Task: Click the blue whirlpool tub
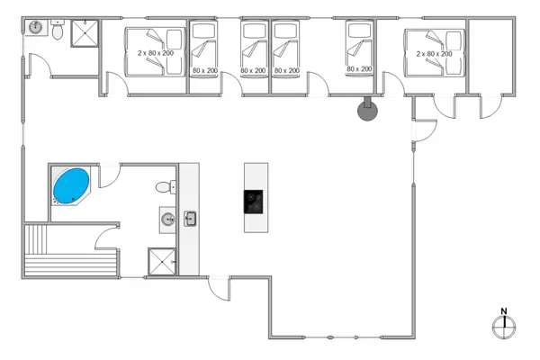(x=71, y=185)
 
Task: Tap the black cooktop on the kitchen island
(x=255, y=202)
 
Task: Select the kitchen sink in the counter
(x=190, y=217)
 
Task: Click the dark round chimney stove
(x=367, y=111)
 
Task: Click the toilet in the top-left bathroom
(x=57, y=32)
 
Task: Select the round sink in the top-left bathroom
(x=37, y=27)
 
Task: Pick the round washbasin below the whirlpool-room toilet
(x=167, y=217)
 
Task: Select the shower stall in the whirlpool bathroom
(x=162, y=260)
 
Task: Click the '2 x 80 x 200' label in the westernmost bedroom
(x=156, y=54)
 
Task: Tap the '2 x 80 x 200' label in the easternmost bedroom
(x=434, y=54)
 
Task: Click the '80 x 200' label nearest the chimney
(x=358, y=69)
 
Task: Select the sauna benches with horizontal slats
(x=71, y=264)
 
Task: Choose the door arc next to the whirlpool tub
(x=106, y=175)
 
